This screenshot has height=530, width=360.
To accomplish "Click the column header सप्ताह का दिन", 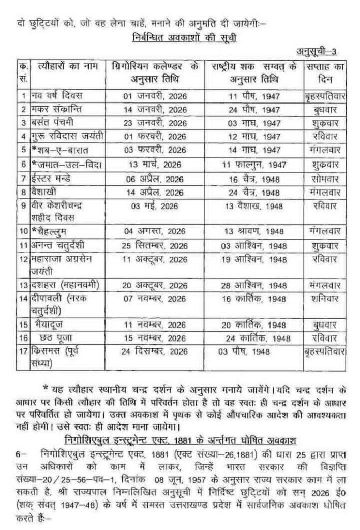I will click(x=323, y=74).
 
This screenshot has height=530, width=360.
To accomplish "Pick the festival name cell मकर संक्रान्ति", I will click(x=57, y=109).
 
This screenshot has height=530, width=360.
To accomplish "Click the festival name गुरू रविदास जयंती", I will click(x=67, y=136).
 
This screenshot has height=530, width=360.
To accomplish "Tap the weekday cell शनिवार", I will click(x=324, y=299).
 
